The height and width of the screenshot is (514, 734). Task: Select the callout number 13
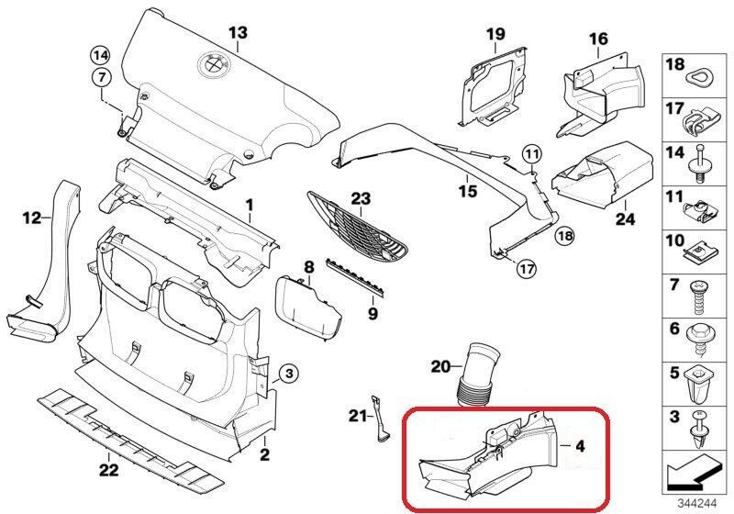coord(238,34)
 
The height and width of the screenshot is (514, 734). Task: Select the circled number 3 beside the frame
coord(287,373)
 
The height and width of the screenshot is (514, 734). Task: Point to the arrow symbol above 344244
coord(695,475)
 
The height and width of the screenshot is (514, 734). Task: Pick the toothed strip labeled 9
coord(361,274)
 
